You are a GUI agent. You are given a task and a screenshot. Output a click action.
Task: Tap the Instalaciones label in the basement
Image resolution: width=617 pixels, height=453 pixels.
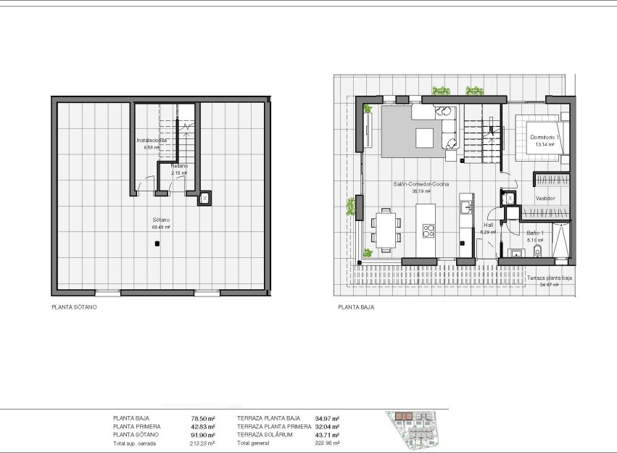[152, 140]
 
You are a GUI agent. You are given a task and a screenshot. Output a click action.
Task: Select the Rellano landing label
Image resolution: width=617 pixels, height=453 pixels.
[178, 166]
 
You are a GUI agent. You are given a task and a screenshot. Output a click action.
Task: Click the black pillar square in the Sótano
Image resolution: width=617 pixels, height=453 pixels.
[157, 245]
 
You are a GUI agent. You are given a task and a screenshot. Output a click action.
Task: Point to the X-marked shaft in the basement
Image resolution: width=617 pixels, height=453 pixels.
[204, 198]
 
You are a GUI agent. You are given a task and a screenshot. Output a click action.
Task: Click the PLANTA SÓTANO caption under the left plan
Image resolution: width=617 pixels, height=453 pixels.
[74, 307]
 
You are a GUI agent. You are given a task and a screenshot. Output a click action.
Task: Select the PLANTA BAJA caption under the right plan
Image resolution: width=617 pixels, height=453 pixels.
[355, 307]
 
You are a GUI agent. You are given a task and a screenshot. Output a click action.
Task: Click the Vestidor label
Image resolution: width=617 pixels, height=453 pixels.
[545, 198]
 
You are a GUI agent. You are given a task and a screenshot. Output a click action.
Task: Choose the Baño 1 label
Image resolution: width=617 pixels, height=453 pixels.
[535, 233]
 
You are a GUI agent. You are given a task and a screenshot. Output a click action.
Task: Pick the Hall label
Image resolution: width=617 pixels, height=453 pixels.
[489, 225]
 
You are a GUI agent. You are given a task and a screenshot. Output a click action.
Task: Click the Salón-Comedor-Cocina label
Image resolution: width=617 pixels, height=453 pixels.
[421, 184]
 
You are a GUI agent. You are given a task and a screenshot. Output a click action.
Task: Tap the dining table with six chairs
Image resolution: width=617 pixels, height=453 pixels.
[386, 229]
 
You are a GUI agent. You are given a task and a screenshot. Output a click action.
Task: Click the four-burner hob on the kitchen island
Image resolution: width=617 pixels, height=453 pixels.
[428, 232]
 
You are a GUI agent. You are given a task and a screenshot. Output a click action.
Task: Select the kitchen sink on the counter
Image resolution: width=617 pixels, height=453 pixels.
[465, 208]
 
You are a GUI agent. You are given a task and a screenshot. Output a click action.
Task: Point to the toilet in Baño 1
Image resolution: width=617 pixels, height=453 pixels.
[536, 252]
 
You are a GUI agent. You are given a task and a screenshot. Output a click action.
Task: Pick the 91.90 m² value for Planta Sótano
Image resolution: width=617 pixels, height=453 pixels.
[203, 434]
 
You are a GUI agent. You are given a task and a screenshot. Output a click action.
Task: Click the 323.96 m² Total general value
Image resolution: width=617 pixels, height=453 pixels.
[328, 442]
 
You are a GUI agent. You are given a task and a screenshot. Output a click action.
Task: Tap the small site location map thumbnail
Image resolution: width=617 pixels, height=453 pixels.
[415, 427]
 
